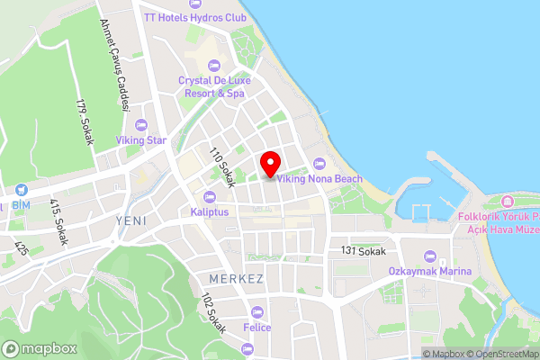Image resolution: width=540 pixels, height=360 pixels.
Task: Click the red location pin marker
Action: click(269, 165)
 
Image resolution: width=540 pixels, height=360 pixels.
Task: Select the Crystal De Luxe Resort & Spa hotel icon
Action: click(213, 64)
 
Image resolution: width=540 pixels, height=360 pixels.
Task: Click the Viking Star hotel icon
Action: click(140, 125)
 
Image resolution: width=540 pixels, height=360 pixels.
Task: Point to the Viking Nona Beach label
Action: click(319, 178)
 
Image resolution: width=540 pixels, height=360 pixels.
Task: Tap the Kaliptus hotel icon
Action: click(211, 197)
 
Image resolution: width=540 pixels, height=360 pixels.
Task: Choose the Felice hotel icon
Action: click(257, 312)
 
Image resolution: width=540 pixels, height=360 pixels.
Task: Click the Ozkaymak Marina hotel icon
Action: click(428, 256)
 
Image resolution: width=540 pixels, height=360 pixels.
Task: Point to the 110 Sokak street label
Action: click(221, 167)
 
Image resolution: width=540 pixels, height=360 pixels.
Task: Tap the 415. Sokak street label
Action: click(59, 221)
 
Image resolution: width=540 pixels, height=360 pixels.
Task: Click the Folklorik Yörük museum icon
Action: click(506, 199)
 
